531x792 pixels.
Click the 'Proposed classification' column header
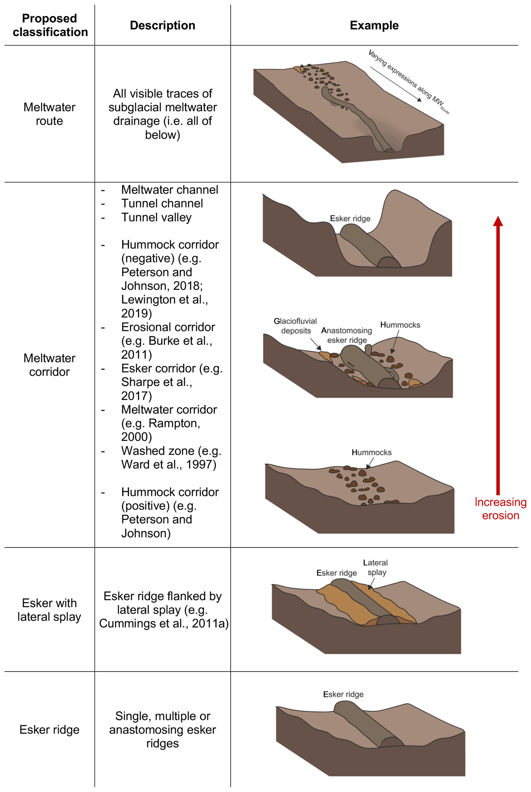pos(50,25)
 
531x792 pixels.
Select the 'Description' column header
pos(163,25)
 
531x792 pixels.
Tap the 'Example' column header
pos(374,25)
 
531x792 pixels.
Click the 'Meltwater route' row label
pos(49,114)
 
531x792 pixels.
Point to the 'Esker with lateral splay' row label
pos(49,610)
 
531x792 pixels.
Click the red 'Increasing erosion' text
pos(500,508)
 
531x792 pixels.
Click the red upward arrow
pos(498,355)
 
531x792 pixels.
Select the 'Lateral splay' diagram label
pos(376,567)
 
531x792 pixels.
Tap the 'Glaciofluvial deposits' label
pos(295,326)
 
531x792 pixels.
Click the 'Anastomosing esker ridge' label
pos(347,335)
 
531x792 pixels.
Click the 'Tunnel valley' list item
pos(156,217)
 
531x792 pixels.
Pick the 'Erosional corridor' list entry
pos(168,327)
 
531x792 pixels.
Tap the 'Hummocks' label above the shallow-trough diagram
pos(371,452)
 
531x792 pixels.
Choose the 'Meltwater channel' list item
pos(170,190)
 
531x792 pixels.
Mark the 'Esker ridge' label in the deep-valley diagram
pos(350,219)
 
